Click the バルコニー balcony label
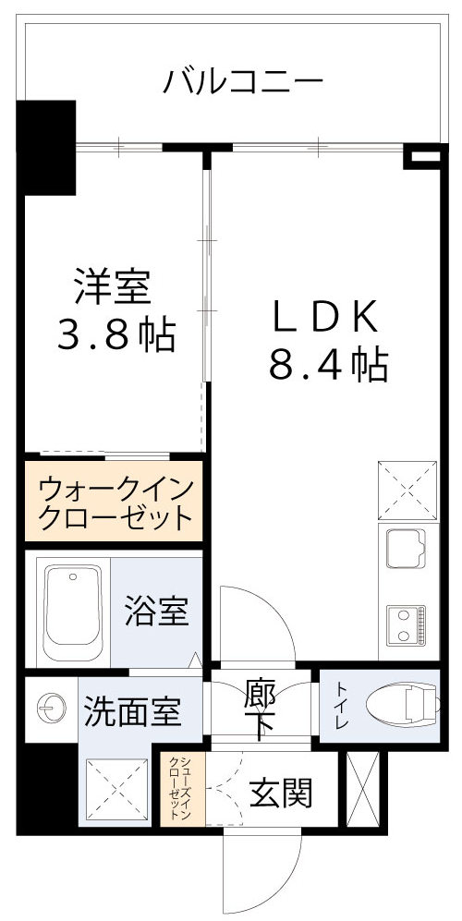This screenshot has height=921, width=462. [x=244, y=82]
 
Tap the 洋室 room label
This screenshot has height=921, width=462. [x=112, y=288]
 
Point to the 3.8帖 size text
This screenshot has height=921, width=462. [x=116, y=335]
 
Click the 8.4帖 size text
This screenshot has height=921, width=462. [x=328, y=367]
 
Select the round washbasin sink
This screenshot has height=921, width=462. [x=51, y=709]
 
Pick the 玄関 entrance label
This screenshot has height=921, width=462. [x=281, y=792]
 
